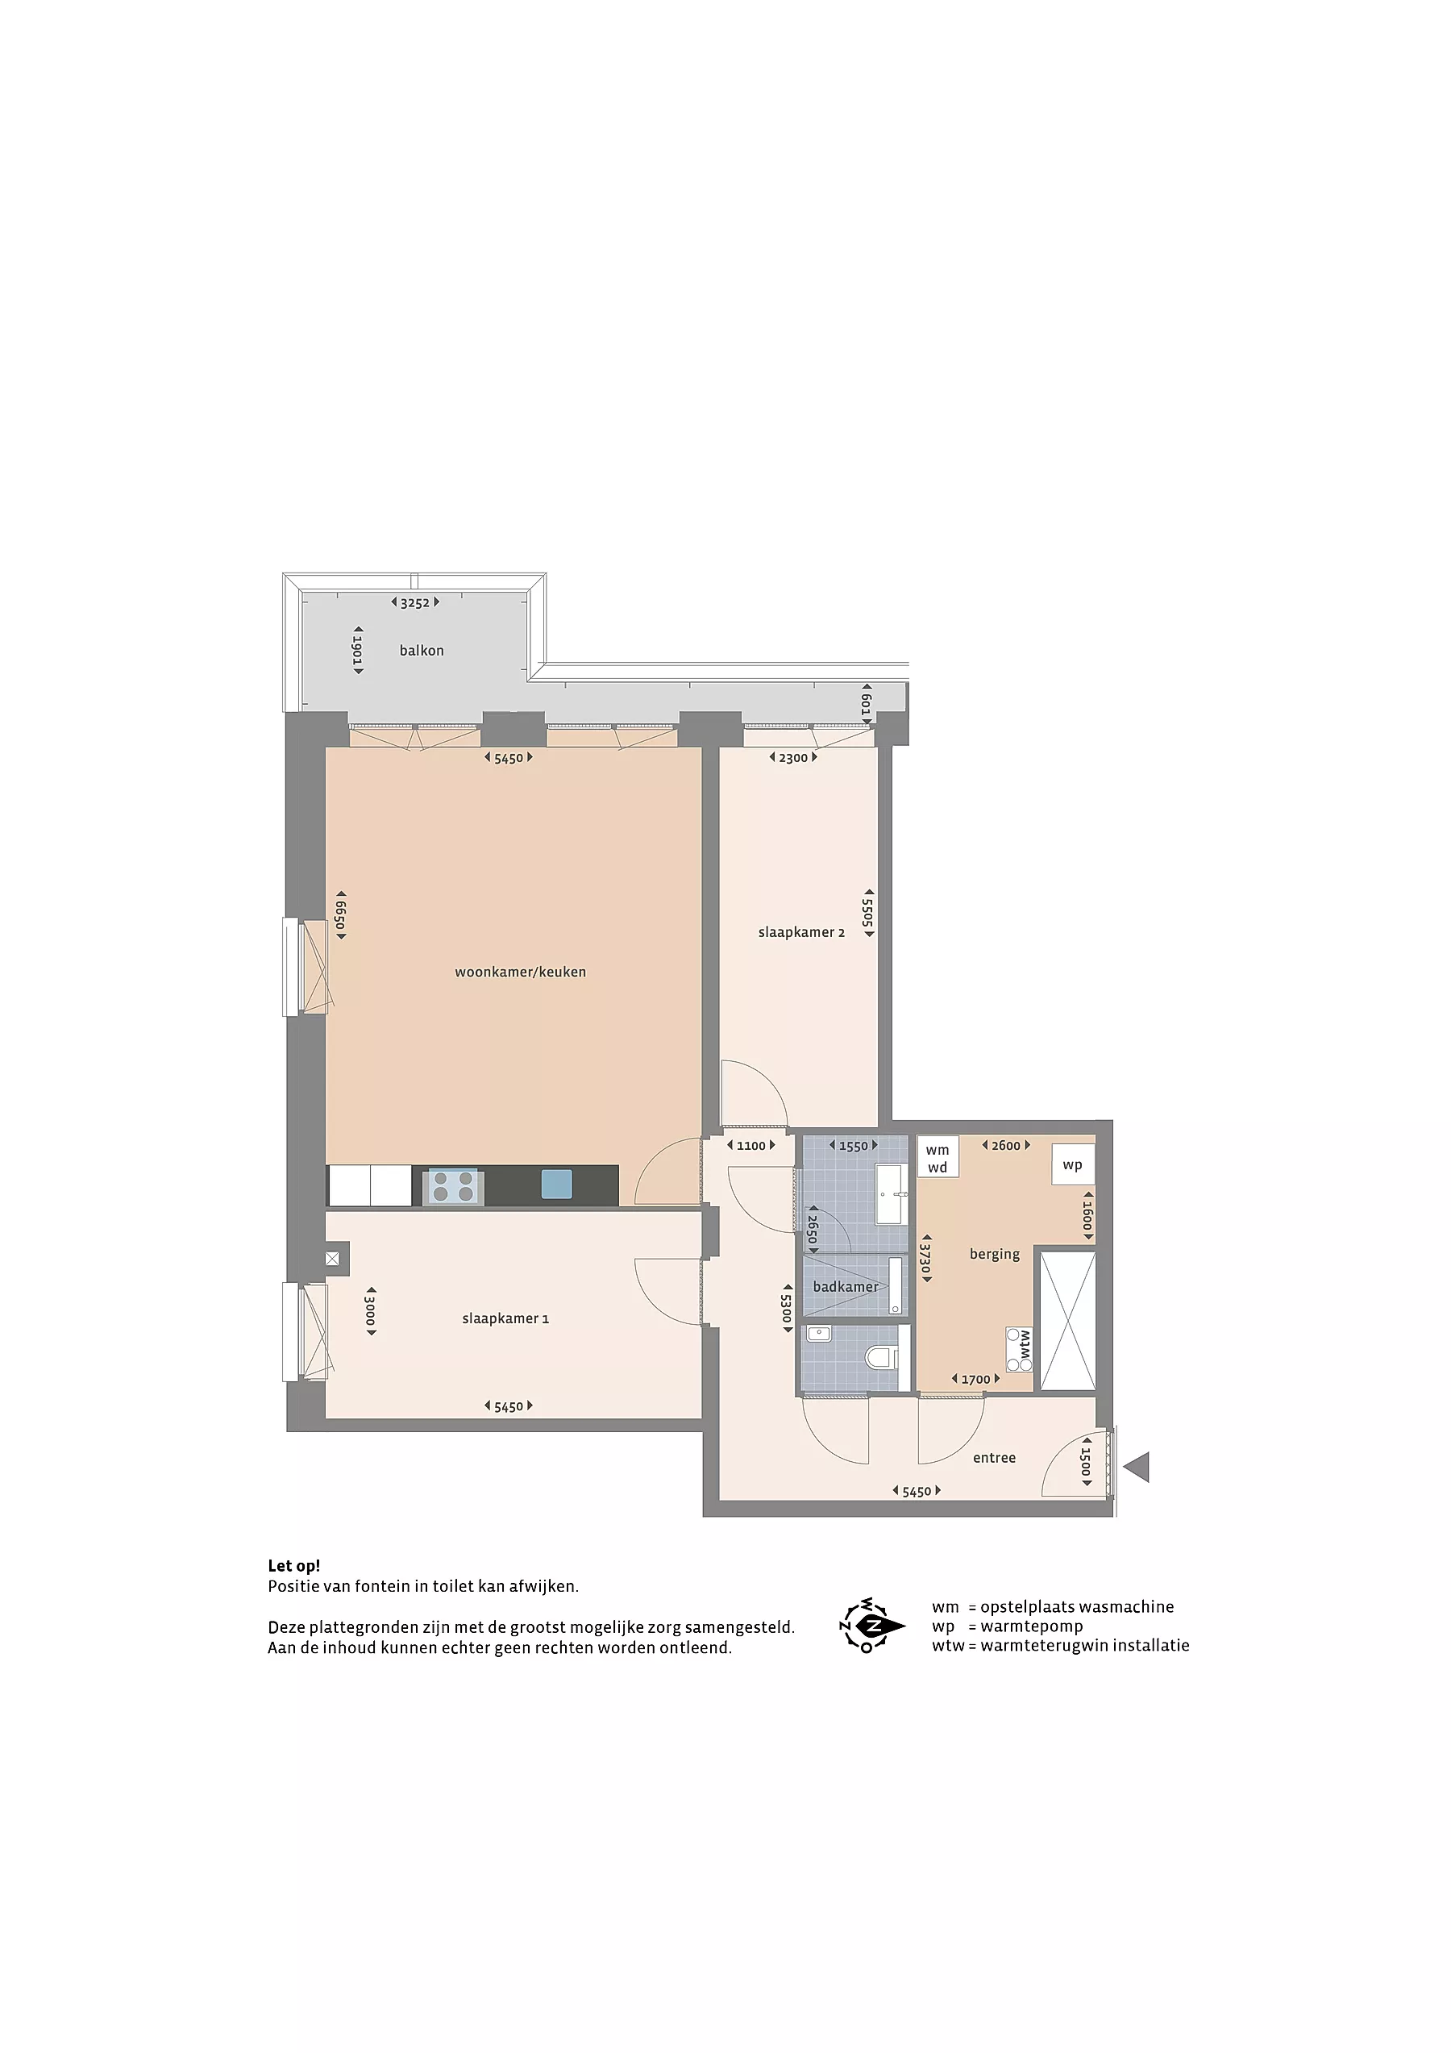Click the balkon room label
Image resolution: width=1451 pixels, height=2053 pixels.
point(421,650)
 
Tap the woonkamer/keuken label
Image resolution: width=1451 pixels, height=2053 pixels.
point(520,972)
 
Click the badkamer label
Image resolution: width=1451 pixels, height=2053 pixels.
point(845,1287)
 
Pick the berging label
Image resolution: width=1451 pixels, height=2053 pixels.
point(994,1255)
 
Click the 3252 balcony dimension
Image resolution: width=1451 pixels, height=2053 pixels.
point(415,602)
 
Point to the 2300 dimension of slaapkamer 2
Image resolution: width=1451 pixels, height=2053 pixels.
point(793,757)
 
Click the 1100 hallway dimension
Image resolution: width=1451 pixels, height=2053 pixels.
point(751,1145)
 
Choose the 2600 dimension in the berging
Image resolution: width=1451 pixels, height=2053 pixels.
point(1006,1145)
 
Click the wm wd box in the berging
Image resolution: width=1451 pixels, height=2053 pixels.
point(937,1158)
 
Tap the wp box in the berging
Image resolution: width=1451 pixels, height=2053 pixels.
point(1072,1164)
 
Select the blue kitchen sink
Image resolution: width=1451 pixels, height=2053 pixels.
point(557,1184)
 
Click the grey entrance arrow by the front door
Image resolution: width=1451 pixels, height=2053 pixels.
point(1137,1468)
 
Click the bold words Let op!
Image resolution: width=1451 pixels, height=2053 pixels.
point(293,1566)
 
